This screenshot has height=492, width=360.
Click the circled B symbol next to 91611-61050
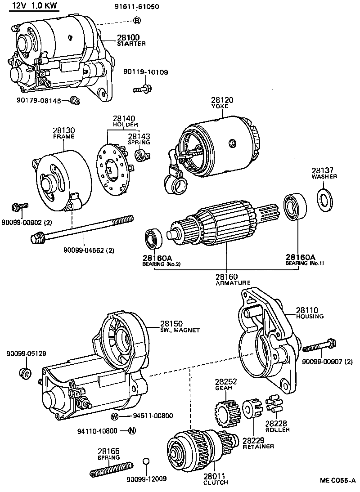pyautogui.click(x=137, y=20)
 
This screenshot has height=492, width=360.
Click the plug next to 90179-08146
pyautogui.click(x=75, y=100)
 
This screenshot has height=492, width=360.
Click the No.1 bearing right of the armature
pyautogui.click(x=295, y=206)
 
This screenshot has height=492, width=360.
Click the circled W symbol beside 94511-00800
pyautogui.click(x=115, y=416)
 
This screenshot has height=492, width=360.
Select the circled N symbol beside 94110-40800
pyautogui.click(x=132, y=430)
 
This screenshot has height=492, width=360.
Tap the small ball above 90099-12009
pyautogui.click(x=146, y=461)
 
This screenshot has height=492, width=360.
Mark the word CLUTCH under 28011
pyautogui.click(x=216, y=483)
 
